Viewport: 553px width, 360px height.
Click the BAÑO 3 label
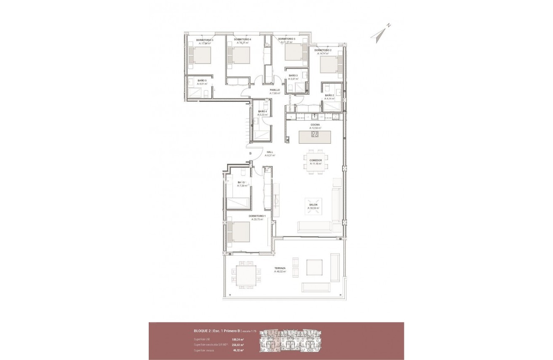(293, 75)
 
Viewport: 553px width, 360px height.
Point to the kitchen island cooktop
(315, 135)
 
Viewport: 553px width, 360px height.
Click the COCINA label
(315, 125)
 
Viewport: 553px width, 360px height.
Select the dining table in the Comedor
(315, 160)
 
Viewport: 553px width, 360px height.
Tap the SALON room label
(313, 205)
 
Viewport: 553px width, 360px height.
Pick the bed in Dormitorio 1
(238, 232)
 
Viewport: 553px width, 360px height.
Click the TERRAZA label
(280, 268)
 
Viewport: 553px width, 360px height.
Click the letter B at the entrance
(250, 153)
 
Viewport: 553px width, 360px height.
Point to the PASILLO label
(275, 90)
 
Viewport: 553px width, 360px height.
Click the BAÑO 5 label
(202, 80)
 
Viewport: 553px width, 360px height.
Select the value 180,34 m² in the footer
(238, 339)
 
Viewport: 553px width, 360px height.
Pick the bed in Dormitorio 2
(331, 65)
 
